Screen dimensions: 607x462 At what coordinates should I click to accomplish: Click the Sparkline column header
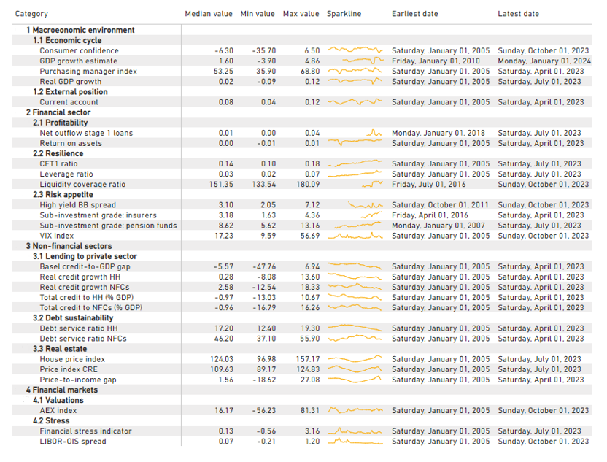(344, 14)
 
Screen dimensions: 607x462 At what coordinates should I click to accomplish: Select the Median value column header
(209, 14)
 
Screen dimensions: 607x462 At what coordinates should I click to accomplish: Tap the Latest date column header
(518, 14)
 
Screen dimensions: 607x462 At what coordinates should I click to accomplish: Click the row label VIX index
(56, 236)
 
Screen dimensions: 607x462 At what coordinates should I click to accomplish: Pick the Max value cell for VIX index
(310, 236)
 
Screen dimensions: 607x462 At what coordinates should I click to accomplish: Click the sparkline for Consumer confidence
(355, 50)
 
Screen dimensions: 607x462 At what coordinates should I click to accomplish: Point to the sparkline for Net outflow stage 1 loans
(374, 132)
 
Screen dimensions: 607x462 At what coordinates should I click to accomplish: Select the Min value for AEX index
(263, 410)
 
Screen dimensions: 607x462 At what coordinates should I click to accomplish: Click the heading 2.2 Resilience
(58, 153)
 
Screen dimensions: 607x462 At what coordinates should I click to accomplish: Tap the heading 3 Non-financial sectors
(69, 246)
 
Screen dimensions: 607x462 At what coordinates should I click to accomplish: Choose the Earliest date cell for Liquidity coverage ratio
(428, 185)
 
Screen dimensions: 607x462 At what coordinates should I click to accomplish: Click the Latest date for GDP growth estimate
(544, 61)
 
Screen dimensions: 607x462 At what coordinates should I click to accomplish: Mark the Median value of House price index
(222, 359)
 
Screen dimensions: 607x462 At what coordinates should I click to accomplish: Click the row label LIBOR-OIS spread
(73, 442)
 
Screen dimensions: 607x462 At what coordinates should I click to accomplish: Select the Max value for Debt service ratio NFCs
(310, 339)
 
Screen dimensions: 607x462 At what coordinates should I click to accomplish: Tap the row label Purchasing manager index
(88, 72)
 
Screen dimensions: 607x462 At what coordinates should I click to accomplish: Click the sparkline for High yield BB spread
(366, 205)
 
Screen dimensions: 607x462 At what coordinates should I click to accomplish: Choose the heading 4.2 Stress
(51, 420)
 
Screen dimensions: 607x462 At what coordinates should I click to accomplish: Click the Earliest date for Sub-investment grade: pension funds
(438, 226)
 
